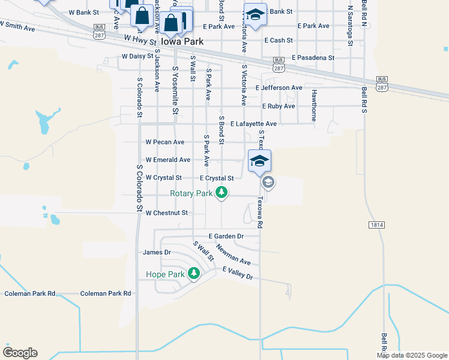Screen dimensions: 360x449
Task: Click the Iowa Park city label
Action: click(x=182, y=42)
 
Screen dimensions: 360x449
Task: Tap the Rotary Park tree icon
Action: click(x=222, y=193)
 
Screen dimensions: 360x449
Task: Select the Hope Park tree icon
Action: click(x=193, y=274)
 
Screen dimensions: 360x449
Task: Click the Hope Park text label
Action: click(x=165, y=274)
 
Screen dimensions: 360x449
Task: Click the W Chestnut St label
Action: click(x=167, y=212)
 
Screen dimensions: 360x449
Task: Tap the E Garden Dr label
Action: click(x=226, y=236)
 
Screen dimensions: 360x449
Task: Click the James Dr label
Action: click(x=157, y=253)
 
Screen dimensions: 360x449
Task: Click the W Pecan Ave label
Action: click(x=165, y=142)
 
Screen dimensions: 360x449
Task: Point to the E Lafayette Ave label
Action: click(x=253, y=124)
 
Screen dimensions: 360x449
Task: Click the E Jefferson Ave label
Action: click(x=279, y=88)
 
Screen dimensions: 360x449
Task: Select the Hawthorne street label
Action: click(x=314, y=105)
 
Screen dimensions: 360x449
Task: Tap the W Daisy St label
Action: click(x=139, y=56)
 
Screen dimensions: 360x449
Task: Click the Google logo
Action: click(x=20, y=353)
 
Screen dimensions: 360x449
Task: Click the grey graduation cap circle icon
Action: click(x=268, y=182)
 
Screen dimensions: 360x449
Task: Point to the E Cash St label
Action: click(x=278, y=40)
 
